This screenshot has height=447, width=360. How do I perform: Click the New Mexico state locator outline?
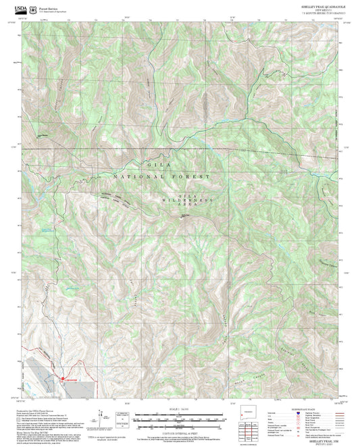246,412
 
